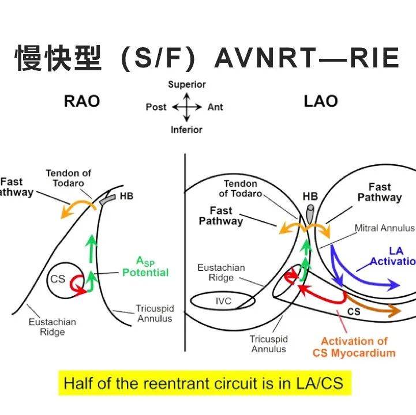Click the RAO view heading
[82, 101]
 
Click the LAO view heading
[321, 101]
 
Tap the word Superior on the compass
[187, 85]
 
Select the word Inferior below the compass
[186, 130]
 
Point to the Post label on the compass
[156, 107]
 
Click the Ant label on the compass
[215, 107]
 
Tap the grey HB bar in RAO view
[108, 199]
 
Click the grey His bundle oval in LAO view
[310, 214]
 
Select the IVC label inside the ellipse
[223, 301]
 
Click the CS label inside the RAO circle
[58, 279]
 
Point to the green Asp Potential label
[145, 267]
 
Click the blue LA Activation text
[393, 256]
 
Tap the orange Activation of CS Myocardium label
[354, 347]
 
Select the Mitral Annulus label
[384, 228]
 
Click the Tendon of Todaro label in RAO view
[69, 178]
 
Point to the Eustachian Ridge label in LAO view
[221, 273]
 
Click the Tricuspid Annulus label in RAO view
[155, 313]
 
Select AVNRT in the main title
[266, 58]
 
